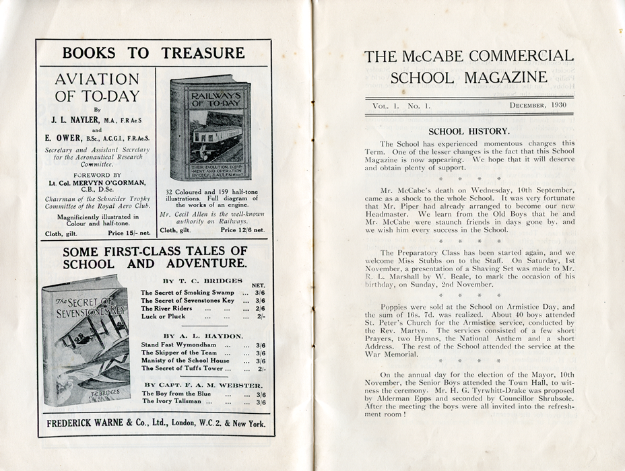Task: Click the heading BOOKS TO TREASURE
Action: (x=154, y=53)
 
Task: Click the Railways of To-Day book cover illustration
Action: (x=210, y=128)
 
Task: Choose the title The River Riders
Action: (x=166, y=308)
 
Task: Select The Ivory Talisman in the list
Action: (x=177, y=402)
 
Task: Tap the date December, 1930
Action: (x=537, y=106)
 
